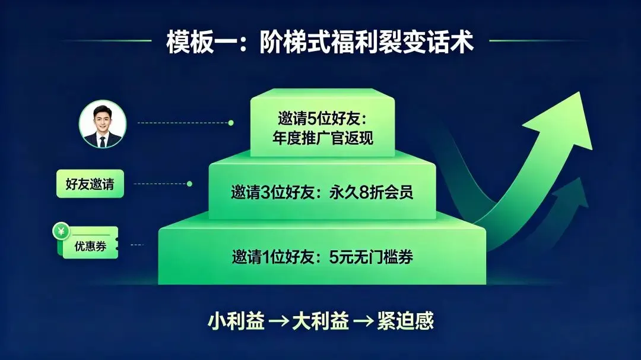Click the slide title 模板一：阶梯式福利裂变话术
(x=320, y=42)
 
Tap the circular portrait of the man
(x=103, y=124)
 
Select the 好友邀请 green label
(x=90, y=184)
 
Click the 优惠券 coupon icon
(x=86, y=241)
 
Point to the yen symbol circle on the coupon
(x=61, y=232)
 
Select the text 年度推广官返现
(x=322, y=138)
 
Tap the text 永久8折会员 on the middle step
(x=371, y=192)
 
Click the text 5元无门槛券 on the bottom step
(x=371, y=257)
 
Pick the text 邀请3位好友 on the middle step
(x=272, y=192)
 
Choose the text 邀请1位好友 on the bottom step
(x=272, y=257)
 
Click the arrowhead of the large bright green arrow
(x=564, y=123)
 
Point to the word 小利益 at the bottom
(x=236, y=321)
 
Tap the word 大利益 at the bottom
(x=320, y=321)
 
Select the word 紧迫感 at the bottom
(x=405, y=321)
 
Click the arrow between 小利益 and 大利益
(x=278, y=321)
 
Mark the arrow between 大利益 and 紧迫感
(x=363, y=321)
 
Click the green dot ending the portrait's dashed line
(x=231, y=123)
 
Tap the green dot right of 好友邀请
(x=189, y=184)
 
